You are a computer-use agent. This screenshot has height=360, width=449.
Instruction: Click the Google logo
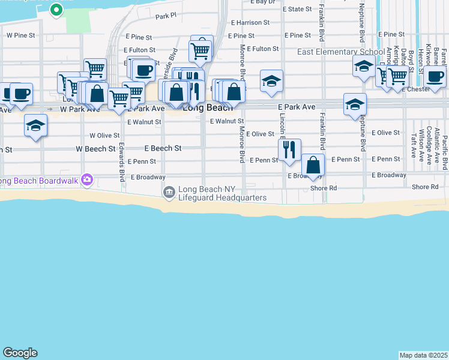[20, 353]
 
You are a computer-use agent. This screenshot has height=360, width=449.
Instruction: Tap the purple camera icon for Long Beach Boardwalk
[88, 179]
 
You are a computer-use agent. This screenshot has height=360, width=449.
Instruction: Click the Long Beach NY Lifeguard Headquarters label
[222, 193]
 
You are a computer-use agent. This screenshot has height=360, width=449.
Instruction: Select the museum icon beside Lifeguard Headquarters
[169, 192]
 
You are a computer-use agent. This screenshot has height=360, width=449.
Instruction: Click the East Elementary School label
[341, 52]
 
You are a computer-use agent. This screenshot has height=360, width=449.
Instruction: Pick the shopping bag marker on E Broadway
[313, 165]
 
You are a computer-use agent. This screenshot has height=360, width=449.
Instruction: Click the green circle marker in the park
[56, 10]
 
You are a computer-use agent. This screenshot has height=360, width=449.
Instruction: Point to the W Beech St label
[95, 148]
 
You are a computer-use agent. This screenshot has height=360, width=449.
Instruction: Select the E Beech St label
[163, 148]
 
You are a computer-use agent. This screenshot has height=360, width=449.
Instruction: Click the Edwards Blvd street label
[122, 162]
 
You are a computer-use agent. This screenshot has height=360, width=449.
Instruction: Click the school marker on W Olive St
[36, 125]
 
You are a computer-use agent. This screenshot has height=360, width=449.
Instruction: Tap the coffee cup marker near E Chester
[435, 76]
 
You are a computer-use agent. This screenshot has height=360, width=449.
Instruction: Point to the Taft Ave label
[414, 145]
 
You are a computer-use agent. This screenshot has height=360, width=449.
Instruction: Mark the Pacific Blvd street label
[445, 151]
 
